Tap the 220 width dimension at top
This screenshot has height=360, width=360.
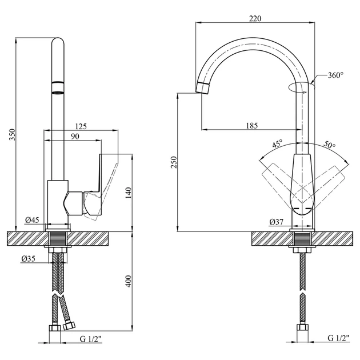pyautogui.click(x=255, y=18)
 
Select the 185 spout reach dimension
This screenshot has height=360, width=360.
pyautogui.click(x=252, y=126)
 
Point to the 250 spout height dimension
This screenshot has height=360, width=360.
pyautogui.click(x=174, y=162)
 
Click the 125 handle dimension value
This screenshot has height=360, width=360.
pyautogui.click(x=81, y=126)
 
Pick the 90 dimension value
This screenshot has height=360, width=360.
pyautogui.click(x=75, y=137)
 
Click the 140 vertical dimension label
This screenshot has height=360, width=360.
pyautogui.click(x=129, y=193)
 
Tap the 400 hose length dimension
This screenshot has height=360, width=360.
pyautogui.click(x=129, y=281)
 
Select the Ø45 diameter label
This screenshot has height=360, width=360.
pyautogui.click(x=32, y=220)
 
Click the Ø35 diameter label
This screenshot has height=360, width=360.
pyautogui.click(x=29, y=259)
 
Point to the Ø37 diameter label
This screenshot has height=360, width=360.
pyautogui.click(x=277, y=222)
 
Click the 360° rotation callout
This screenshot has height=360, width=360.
pyautogui.click(x=335, y=75)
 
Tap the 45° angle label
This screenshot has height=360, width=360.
pyautogui.click(x=278, y=144)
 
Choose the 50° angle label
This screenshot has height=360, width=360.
pyautogui.click(x=330, y=144)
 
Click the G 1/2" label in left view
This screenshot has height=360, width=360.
pyautogui.click(x=91, y=339)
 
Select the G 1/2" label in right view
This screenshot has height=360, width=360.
pyautogui.click(x=339, y=338)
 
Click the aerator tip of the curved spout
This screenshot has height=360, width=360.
pyautogui.click(x=203, y=88)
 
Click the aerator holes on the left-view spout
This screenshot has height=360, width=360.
pyautogui.click(x=58, y=93)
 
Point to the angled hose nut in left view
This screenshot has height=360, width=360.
pyautogui.click(x=69, y=326)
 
